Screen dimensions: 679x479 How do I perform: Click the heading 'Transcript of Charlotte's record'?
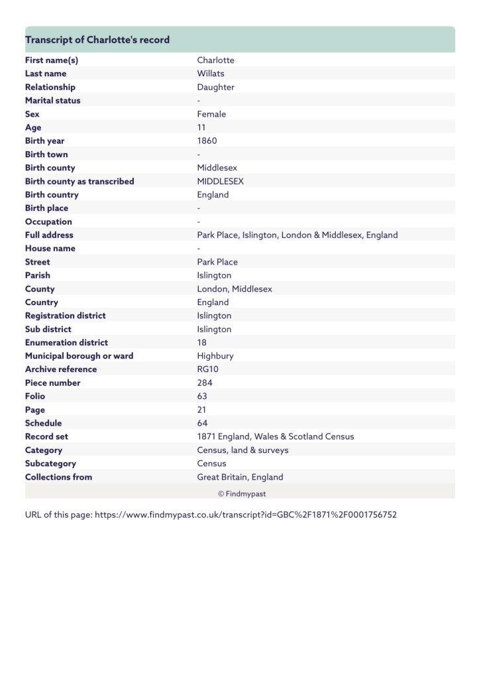click(x=97, y=40)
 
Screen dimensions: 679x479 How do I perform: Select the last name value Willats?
click(x=211, y=74)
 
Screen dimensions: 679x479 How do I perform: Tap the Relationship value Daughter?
click(x=215, y=87)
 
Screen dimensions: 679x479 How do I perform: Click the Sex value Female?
click(x=211, y=114)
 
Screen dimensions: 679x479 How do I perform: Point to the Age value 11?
click(x=201, y=127)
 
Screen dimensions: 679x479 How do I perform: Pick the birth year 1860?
click(x=207, y=141)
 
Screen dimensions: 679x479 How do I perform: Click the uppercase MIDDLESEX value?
click(x=221, y=181)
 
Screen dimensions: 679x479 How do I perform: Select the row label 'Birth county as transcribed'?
click(x=80, y=181)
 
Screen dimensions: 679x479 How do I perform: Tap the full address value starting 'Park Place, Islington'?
click(x=297, y=235)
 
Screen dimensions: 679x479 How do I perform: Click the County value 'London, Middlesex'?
click(x=235, y=288)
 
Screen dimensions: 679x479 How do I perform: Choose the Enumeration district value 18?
click(x=201, y=342)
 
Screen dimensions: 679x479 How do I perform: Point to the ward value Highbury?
click(x=215, y=355)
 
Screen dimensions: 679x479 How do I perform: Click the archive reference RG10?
click(x=207, y=369)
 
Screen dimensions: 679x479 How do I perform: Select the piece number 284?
click(x=204, y=383)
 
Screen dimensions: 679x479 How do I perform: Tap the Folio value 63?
click(x=202, y=396)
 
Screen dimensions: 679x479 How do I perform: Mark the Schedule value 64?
click(x=202, y=423)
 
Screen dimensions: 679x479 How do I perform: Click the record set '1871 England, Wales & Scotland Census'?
click(x=276, y=436)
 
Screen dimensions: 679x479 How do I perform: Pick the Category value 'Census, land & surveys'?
click(x=242, y=450)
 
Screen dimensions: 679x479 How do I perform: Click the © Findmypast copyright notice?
click(x=242, y=494)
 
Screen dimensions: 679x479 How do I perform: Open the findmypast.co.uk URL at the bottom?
click(x=246, y=515)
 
